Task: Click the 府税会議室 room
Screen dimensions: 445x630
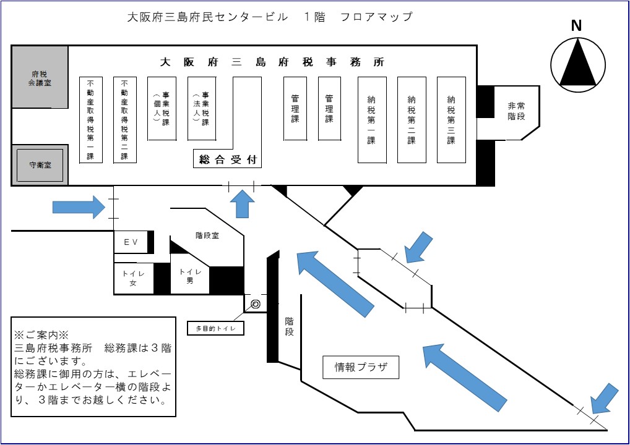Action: coord(40,77)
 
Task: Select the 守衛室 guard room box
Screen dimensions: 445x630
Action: coord(40,165)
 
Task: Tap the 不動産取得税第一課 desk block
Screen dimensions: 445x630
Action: coord(90,120)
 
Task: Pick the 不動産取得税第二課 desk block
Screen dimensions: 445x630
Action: coord(124,120)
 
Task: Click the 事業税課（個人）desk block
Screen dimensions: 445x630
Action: coord(162,108)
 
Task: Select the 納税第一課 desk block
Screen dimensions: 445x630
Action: coord(371,120)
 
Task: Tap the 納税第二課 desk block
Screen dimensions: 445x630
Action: coord(412,120)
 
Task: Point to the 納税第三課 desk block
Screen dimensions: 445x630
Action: coord(451,120)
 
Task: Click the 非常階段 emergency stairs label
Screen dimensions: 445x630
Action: coord(516,111)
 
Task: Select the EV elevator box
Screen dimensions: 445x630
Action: coord(131,243)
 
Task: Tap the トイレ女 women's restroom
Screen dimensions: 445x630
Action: coord(132,279)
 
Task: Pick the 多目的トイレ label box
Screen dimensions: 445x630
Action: coord(215,328)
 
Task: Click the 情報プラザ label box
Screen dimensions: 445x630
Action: coord(361,367)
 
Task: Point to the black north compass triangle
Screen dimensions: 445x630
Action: coord(577,62)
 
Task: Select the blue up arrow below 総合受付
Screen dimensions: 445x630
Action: coord(243,203)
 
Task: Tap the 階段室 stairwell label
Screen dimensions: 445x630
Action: coord(207,235)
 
